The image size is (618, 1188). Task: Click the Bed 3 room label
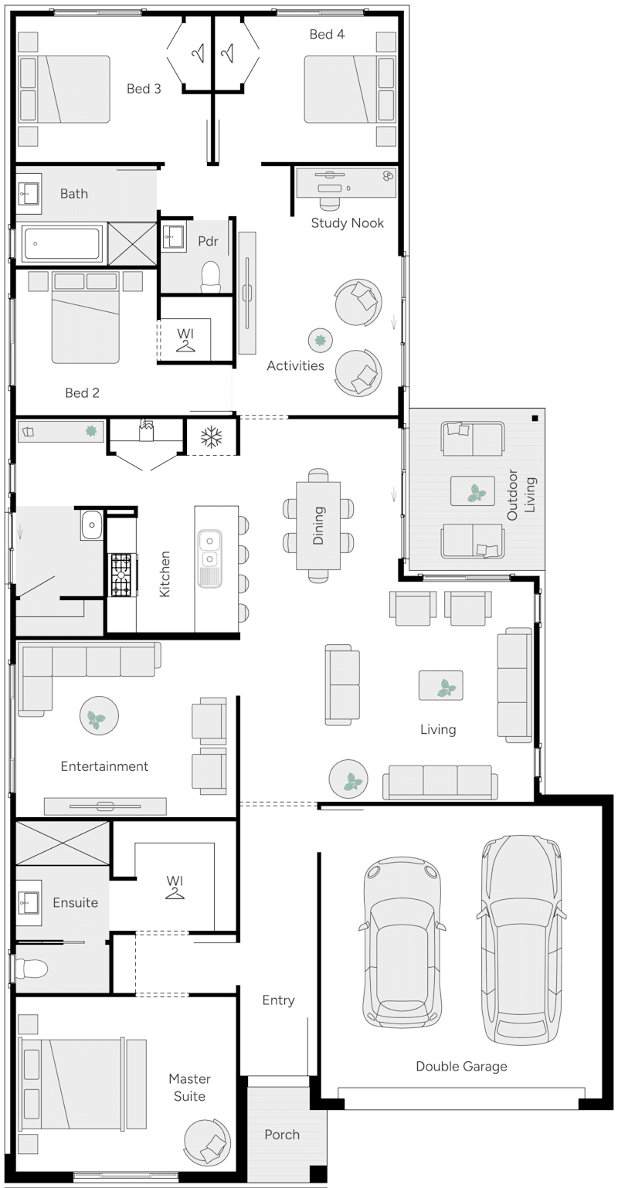[x=144, y=89]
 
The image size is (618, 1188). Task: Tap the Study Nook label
[x=347, y=223]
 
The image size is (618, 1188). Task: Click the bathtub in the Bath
[x=62, y=244]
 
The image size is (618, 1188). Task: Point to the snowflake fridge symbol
[x=211, y=438]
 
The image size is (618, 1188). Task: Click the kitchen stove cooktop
[x=121, y=575]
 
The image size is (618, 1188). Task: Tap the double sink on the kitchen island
[x=209, y=549]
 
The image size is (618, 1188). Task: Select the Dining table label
[x=318, y=525]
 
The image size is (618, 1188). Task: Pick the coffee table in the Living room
[x=441, y=685]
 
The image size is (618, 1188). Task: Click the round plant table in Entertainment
[x=98, y=715]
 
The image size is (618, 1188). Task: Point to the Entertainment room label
[x=104, y=766]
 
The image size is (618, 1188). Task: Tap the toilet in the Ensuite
[x=32, y=968]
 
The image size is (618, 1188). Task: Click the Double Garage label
[x=461, y=1066]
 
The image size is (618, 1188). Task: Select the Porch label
[x=282, y=1134]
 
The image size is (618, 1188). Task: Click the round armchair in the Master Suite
[x=207, y=1142]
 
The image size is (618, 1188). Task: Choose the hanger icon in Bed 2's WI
[x=185, y=345]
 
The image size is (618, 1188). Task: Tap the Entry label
[x=278, y=1000]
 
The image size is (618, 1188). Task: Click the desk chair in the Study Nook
[x=331, y=201]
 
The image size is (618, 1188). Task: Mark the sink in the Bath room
[x=29, y=192]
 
